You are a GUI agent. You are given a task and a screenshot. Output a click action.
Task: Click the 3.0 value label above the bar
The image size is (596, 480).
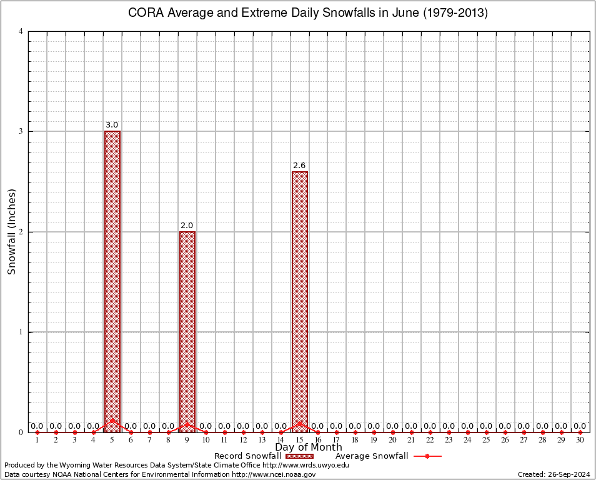(x=112, y=125)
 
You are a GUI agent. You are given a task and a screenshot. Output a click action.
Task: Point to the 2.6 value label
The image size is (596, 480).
(x=300, y=166)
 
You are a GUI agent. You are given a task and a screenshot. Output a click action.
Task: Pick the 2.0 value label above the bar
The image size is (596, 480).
(x=187, y=226)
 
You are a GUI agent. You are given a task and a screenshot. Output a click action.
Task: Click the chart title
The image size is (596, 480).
(x=307, y=13)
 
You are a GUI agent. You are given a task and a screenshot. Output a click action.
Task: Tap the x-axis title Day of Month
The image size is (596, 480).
(x=308, y=447)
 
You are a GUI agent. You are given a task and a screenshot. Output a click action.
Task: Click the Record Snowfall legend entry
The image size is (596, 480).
(x=262, y=456)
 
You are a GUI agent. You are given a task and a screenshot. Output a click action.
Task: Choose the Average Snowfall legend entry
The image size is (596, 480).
(x=387, y=456)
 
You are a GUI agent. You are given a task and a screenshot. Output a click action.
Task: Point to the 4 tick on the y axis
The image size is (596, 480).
(x=21, y=31)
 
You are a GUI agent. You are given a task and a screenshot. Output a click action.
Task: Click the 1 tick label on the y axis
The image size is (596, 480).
(x=21, y=332)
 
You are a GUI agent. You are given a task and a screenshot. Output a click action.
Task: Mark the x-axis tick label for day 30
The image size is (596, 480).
(x=580, y=440)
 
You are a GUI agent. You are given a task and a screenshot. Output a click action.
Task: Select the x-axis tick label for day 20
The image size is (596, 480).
(x=392, y=440)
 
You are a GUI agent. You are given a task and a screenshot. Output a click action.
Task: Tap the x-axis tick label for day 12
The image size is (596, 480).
(x=243, y=440)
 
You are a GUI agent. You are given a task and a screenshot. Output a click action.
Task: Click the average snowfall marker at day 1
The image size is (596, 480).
(x=37, y=432)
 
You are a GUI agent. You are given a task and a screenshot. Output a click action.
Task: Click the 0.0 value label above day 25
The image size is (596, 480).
(x=486, y=426)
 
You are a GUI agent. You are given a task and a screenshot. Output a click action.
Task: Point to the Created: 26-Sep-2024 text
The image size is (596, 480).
(x=554, y=474)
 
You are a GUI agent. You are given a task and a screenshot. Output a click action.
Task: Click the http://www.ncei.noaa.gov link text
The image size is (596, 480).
(x=274, y=474)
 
